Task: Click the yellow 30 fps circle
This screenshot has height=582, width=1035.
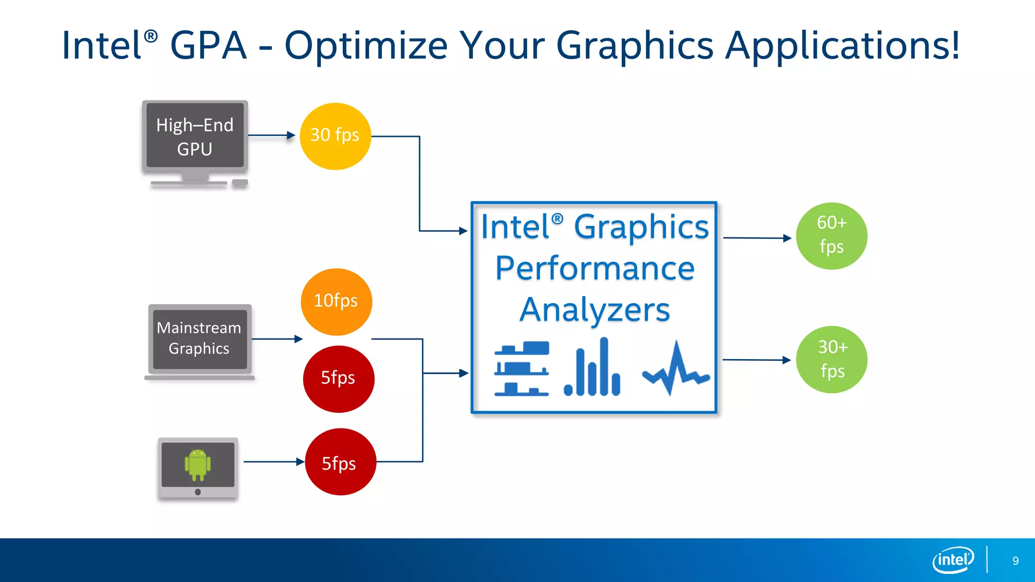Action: point(335,136)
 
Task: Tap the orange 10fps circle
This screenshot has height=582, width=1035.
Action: point(336,302)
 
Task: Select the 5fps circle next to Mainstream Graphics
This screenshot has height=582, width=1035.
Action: point(338,379)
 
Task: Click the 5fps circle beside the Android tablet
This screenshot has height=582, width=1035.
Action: point(340,462)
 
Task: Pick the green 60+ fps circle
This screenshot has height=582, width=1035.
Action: point(831,236)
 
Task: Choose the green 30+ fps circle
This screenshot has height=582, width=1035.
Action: point(831,359)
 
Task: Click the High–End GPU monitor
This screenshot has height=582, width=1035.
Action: point(195,136)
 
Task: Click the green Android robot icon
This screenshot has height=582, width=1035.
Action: point(198,464)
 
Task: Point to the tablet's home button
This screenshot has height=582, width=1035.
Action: point(198,492)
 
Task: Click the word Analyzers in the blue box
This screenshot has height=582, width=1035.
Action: point(594,310)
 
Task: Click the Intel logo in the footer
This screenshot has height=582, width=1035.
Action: point(953,560)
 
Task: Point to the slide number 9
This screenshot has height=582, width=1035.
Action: point(1015,561)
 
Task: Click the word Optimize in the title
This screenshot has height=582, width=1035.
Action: point(366,46)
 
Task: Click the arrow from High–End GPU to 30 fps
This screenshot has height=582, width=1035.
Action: point(271,135)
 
